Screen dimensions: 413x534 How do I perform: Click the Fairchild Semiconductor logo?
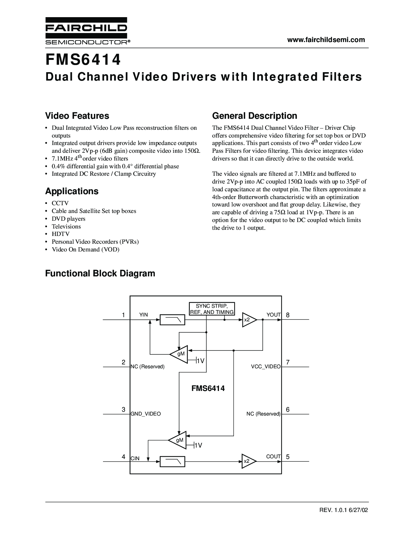[87, 31]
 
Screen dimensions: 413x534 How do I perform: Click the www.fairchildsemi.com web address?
[326, 40]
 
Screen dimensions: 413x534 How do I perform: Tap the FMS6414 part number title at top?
[83, 60]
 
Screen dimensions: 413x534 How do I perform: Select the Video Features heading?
[77, 116]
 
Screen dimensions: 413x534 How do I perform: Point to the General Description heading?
[255, 116]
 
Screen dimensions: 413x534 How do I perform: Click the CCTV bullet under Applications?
[60, 203]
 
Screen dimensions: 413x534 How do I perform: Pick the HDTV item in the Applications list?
[61, 234]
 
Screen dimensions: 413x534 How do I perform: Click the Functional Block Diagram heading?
[100, 273]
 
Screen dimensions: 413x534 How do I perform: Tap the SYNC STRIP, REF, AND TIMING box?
[212, 309]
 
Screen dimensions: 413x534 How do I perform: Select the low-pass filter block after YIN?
[172, 320]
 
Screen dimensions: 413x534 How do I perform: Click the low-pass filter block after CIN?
[172, 462]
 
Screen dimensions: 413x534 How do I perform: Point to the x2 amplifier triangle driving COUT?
[249, 461]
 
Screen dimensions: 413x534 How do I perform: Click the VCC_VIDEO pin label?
[266, 366]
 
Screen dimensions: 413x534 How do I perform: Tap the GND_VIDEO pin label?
[146, 414]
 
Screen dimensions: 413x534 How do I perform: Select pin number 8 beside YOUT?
[288, 315]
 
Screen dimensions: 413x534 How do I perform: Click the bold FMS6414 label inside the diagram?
[208, 388]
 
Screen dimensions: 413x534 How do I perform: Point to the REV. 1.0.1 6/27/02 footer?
[344, 510]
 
